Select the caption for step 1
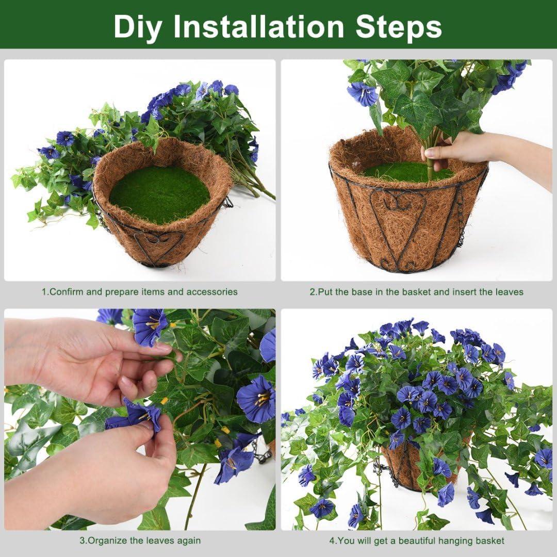(140, 292)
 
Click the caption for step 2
(416, 292)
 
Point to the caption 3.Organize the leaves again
(140, 541)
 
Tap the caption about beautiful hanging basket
(416, 541)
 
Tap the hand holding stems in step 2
(454, 150)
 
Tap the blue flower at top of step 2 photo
(362, 94)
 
